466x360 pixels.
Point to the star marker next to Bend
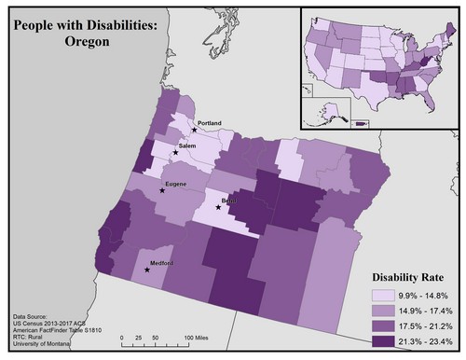coord(218,208)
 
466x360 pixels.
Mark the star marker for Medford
coord(146,271)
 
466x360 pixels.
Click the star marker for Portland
coord(195,130)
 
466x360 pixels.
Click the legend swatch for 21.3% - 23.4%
coord(377,343)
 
